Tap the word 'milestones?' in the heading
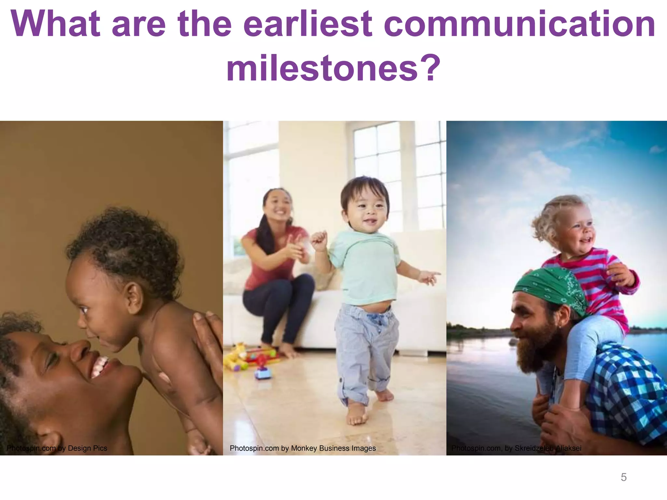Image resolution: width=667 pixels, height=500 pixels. pyautogui.click(x=333, y=68)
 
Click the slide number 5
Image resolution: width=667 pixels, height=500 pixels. pyautogui.click(x=623, y=477)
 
